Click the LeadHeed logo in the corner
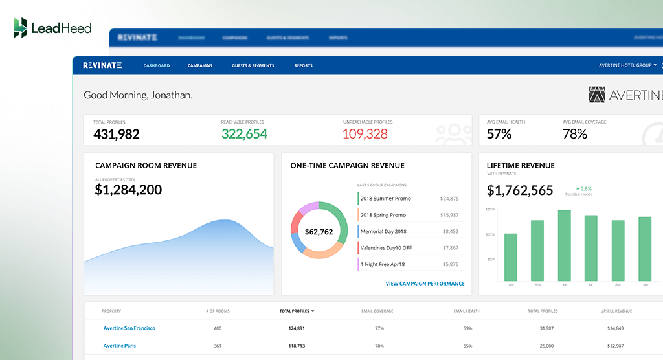tap(52, 28)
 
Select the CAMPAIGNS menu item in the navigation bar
tap(200, 65)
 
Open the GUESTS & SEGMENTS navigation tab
tap(253, 65)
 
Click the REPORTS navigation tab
tap(303, 65)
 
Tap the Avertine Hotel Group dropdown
tap(627, 65)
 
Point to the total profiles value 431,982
tap(117, 134)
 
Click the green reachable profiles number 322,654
tap(244, 134)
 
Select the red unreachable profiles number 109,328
tap(365, 134)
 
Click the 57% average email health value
tap(499, 134)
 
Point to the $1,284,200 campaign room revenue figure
tap(128, 190)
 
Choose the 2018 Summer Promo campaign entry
tap(386, 199)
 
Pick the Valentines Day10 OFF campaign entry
tap(386, 248)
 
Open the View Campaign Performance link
tap(425, 284)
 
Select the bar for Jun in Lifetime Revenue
tap(564, 245)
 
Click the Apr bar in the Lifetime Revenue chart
tap(511, 257)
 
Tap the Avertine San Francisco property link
tap(129, 328)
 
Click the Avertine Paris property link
tap(120, 346)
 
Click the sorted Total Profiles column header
tap(297, 311)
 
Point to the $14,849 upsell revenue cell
tap(616, 328)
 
